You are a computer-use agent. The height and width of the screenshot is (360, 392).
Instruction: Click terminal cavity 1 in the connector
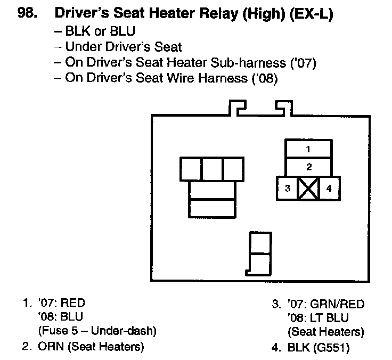pos(308,149)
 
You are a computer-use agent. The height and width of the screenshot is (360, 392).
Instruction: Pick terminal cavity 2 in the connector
pos(308,167)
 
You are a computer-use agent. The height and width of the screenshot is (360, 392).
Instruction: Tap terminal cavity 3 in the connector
pos(287,188)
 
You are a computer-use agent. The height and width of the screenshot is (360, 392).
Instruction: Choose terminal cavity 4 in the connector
pos(329,188)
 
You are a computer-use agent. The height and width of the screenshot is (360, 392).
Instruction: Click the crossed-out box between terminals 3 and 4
pos(308,188)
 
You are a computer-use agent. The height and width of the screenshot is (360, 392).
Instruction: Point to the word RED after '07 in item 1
pos(73,304)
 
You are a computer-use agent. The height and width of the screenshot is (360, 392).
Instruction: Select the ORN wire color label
pos(50,347)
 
